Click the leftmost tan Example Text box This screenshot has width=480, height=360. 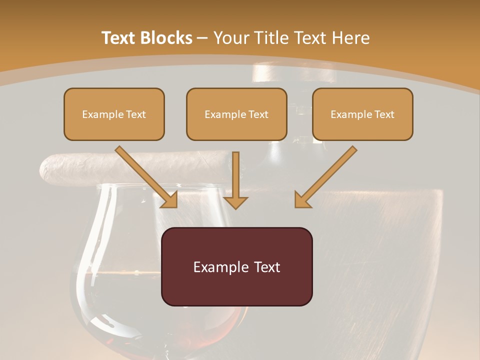click(114, 114)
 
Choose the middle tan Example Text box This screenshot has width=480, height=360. click(236, 114)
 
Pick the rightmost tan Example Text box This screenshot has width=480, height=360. click(362, 114)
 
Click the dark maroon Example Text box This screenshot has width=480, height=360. click(237, 266)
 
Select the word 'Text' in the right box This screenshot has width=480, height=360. click(384, 114)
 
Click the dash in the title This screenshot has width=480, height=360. click(202, 38)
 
